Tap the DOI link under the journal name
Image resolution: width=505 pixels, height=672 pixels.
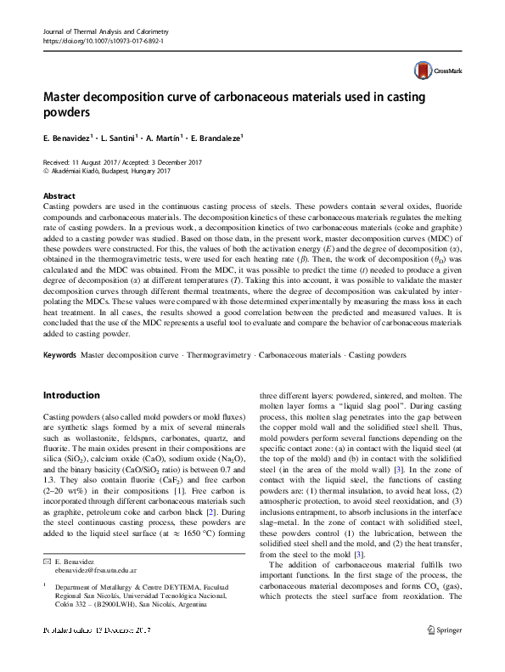[103, 41]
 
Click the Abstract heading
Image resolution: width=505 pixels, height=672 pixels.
[58, 195]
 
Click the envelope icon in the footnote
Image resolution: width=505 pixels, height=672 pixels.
[46, 586]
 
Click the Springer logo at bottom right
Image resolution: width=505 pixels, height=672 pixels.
[443, 655]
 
